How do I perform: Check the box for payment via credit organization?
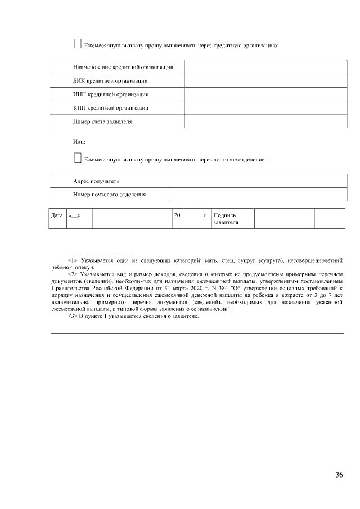[x=78, y=43]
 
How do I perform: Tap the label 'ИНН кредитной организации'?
[x=111, y=94]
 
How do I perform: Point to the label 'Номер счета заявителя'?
[x=102, y=121]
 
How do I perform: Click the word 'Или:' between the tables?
[x=79, y=142]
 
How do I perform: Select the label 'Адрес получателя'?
[x=96, y=181]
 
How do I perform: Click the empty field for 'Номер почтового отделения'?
[x=257, y=195]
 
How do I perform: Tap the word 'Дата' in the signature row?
[x=57, y=215]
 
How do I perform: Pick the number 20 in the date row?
[x=177, y=215]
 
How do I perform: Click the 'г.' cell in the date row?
[x=205, y=215]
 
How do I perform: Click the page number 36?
[x=339, y=475]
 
